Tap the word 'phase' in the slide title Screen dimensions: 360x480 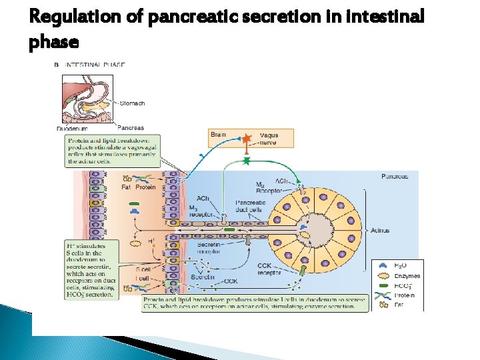coord(54,42)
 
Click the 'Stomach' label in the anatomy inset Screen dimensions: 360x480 coord(133,103)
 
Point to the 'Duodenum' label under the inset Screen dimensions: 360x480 coord(72,128)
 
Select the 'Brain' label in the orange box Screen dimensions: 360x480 coord(218,134)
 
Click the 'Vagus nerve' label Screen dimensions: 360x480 coord(269,139)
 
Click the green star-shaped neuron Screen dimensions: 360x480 coord(246,161)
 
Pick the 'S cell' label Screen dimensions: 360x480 coord(143,269)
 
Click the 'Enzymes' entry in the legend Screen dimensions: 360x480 coord(407,276)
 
